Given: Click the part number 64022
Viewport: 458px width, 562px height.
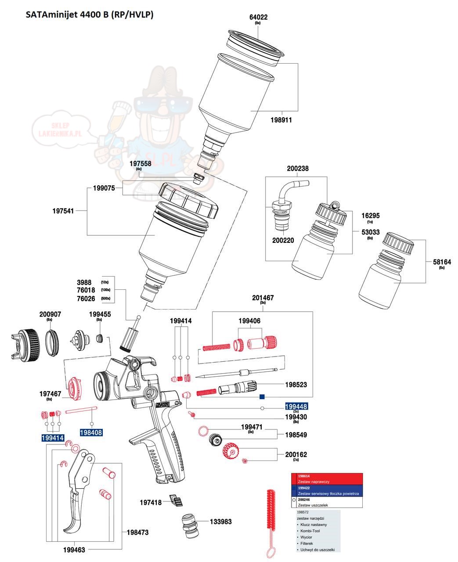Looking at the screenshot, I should (258, 18).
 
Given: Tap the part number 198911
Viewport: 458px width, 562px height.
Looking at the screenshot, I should (281, 120).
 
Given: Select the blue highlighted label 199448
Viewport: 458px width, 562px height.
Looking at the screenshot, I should (296, 407).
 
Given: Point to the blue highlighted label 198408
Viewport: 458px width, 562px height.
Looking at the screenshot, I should (91, 432).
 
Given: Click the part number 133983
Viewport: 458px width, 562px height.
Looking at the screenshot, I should (220, 522).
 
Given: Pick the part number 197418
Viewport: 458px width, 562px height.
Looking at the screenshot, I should (151, 502).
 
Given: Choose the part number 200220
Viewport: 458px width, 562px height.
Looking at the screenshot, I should (283, 240).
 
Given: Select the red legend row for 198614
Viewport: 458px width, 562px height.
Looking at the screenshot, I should (328, 479).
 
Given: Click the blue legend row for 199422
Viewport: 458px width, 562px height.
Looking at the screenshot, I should (328, 490).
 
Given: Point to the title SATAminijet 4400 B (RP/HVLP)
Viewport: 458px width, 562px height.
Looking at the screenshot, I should (89, 14).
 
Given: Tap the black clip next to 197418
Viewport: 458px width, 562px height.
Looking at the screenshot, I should (176, 501).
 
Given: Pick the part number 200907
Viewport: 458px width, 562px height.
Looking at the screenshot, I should (50, 314).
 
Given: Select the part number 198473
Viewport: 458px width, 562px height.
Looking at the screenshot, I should (137, 533).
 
